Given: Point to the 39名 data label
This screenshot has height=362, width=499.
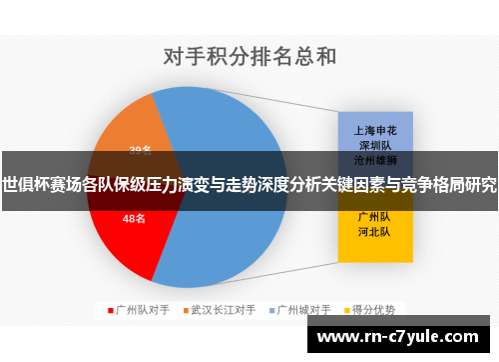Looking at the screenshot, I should (140, 151).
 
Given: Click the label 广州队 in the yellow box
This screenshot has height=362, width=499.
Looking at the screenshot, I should (374, 216).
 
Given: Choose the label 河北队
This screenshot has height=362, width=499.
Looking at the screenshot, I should (374, 230).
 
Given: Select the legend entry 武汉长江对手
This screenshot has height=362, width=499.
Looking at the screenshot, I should (223, 309).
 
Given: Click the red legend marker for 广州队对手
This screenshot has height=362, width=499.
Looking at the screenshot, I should (111, 309).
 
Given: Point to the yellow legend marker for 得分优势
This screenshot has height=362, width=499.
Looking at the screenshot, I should (349, 309).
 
